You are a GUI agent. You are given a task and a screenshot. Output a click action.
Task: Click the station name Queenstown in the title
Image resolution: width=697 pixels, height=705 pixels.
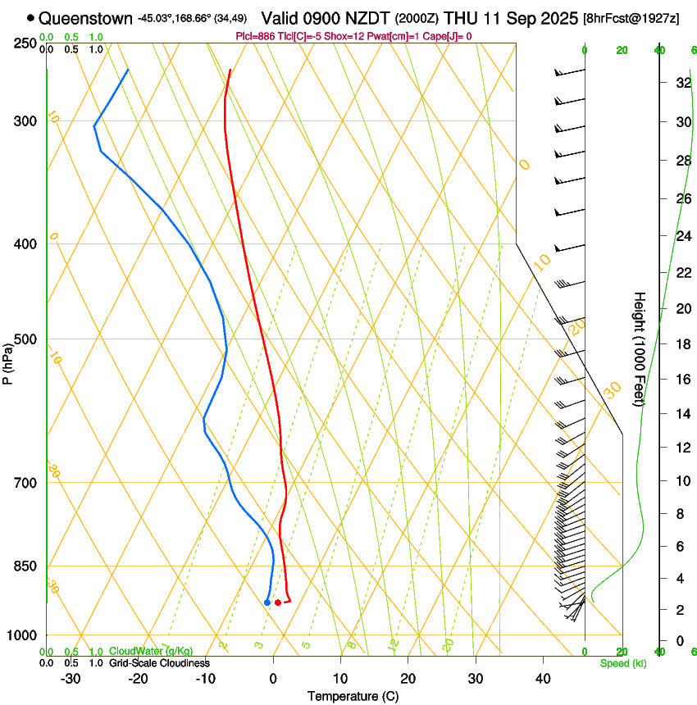tap(85, 17)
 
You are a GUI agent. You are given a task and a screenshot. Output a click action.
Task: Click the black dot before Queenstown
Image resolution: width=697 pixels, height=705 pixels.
tap(31, 17)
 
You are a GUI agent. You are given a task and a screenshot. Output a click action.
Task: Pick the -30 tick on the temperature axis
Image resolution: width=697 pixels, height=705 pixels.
tap(71, 678)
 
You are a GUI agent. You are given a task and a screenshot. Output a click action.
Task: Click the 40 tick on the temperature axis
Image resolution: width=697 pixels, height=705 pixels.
tap(542, 678)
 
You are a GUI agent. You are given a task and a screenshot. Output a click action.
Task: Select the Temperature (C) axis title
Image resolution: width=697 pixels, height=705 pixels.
tap(353, 696)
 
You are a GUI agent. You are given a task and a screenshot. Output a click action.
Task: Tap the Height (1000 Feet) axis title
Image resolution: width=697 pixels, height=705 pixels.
tap(640, 348)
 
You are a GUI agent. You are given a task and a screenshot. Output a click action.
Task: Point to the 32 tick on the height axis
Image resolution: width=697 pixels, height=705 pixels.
tap(681, 83)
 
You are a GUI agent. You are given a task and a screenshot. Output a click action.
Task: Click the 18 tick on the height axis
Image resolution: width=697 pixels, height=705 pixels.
tap(681, 344)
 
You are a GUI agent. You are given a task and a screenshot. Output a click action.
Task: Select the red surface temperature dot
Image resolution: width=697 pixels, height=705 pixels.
tap(278, 603)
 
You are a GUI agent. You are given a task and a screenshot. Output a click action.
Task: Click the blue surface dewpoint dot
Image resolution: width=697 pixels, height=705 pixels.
tap(267, 603)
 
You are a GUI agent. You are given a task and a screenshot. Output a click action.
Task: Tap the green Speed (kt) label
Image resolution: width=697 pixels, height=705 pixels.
tap(623, 663)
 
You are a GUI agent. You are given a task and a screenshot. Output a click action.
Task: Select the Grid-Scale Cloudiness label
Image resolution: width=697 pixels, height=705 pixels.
tap(158, 662)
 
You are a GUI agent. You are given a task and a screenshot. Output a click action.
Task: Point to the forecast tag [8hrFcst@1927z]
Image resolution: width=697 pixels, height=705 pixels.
tap(631, 18)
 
